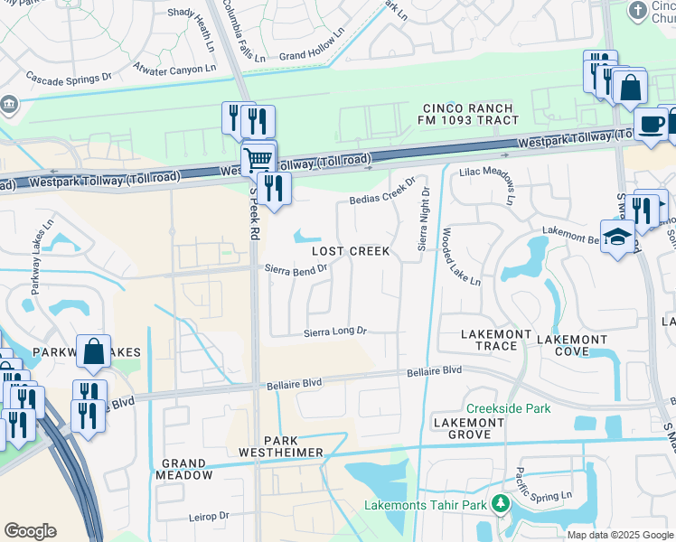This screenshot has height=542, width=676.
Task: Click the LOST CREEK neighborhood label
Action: click(x=352, y=251)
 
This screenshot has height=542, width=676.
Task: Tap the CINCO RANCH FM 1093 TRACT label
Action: click(x=468, y=114)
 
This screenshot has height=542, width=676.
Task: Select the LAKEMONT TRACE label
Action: click(x=495, y=340)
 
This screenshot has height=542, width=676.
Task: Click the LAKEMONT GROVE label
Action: click(x=468, y=428)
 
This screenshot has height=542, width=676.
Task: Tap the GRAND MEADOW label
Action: click(x=185, y=468)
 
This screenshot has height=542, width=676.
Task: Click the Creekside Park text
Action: click(x=508, y=408)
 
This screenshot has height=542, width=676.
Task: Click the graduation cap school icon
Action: click(x=617, y=238)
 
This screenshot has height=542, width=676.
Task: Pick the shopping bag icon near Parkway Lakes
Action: click(x=94, y=351)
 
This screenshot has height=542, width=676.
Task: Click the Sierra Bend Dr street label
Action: click(x=296, y=268)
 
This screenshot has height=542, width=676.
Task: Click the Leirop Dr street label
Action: click(x=211, y=516)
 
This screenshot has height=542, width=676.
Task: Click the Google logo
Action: click(x=30, y=531)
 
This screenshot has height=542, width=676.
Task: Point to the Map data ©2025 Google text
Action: click(x=619, y=535)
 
